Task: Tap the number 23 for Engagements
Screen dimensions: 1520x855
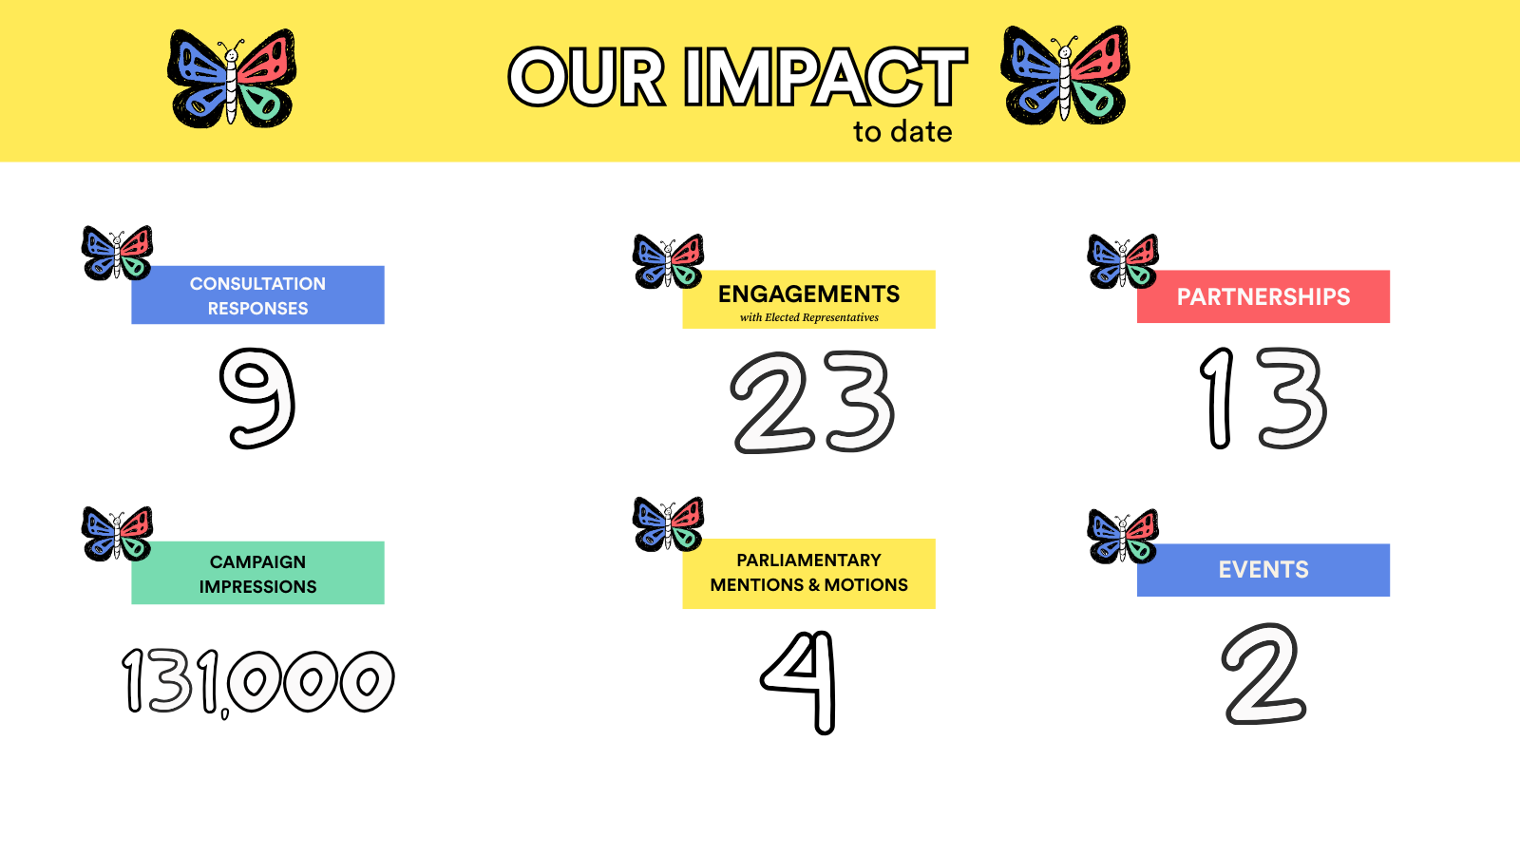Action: coord(812,402)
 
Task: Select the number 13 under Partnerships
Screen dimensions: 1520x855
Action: coord(1263,398)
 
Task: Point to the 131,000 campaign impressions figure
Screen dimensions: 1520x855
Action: coord(257,681)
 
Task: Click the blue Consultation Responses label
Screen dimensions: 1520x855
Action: coord(257,295)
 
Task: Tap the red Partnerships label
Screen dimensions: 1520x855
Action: coord(1263,296)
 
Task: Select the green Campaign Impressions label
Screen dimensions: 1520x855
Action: coord(257,573)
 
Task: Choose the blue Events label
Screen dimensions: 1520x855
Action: coord(1263,570)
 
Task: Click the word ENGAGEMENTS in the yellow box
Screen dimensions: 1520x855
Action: coord(808,294)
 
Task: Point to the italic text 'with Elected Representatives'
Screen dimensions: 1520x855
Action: coord(808,317)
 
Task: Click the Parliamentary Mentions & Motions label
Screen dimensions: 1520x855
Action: coord(808,574)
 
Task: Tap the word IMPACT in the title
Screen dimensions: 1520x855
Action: coord(826,77)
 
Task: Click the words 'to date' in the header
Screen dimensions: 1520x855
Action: coord(902,132)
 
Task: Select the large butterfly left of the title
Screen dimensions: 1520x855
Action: coord(232,78)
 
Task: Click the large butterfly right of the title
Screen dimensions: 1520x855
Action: coord(1065,75)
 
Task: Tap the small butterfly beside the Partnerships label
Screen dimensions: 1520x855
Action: coord(1123,261)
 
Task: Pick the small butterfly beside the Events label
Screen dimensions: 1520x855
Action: coord(1123,536)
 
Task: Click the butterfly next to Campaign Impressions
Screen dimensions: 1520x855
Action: coord(117,533)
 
